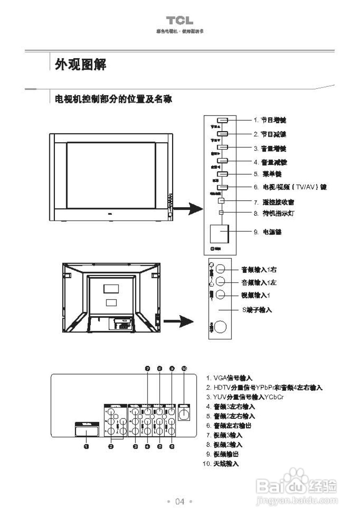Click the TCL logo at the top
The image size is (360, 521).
click(179, 21)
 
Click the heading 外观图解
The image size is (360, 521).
click(81, 64)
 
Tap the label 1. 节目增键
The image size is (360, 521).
click(270, 120)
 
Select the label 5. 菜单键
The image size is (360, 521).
click(267, 174)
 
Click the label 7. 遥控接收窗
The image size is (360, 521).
click(274, 202)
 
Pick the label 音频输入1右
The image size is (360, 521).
click(259, 269)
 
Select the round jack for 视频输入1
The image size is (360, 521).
click(220, 295)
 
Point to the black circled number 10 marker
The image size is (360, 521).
click(184, 368)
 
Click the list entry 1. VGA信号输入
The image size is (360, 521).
click(229, 378)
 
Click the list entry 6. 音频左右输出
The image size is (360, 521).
click(229, 426)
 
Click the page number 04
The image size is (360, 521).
click(179, 501)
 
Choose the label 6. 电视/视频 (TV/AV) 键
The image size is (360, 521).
click(290, 187)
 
